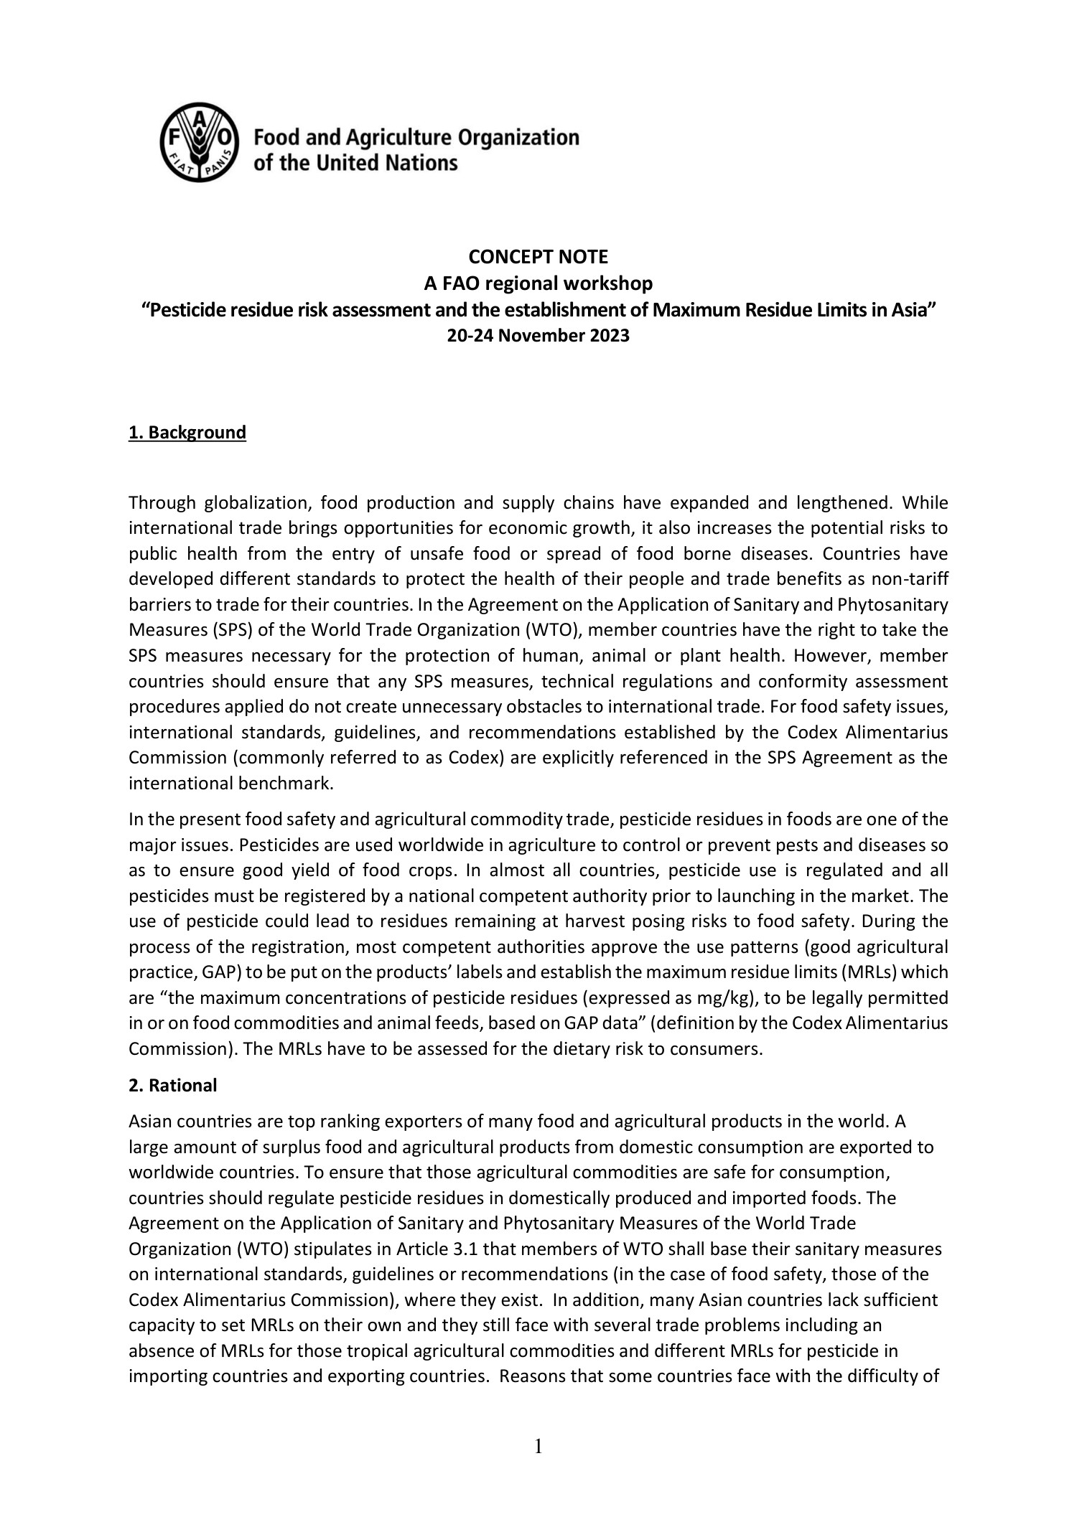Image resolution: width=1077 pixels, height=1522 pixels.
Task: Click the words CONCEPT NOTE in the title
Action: (x=538, y=256)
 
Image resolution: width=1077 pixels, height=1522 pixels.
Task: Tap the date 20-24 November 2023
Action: (x=538, y=336)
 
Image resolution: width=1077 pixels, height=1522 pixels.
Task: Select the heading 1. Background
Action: (x=187, y=433)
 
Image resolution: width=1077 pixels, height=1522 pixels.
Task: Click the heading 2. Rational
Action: (x=172, y=1086)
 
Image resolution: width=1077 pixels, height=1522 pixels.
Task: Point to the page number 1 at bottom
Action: (x=538, y=1447)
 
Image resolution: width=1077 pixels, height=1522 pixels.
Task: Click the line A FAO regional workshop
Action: (x=538, y=283)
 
